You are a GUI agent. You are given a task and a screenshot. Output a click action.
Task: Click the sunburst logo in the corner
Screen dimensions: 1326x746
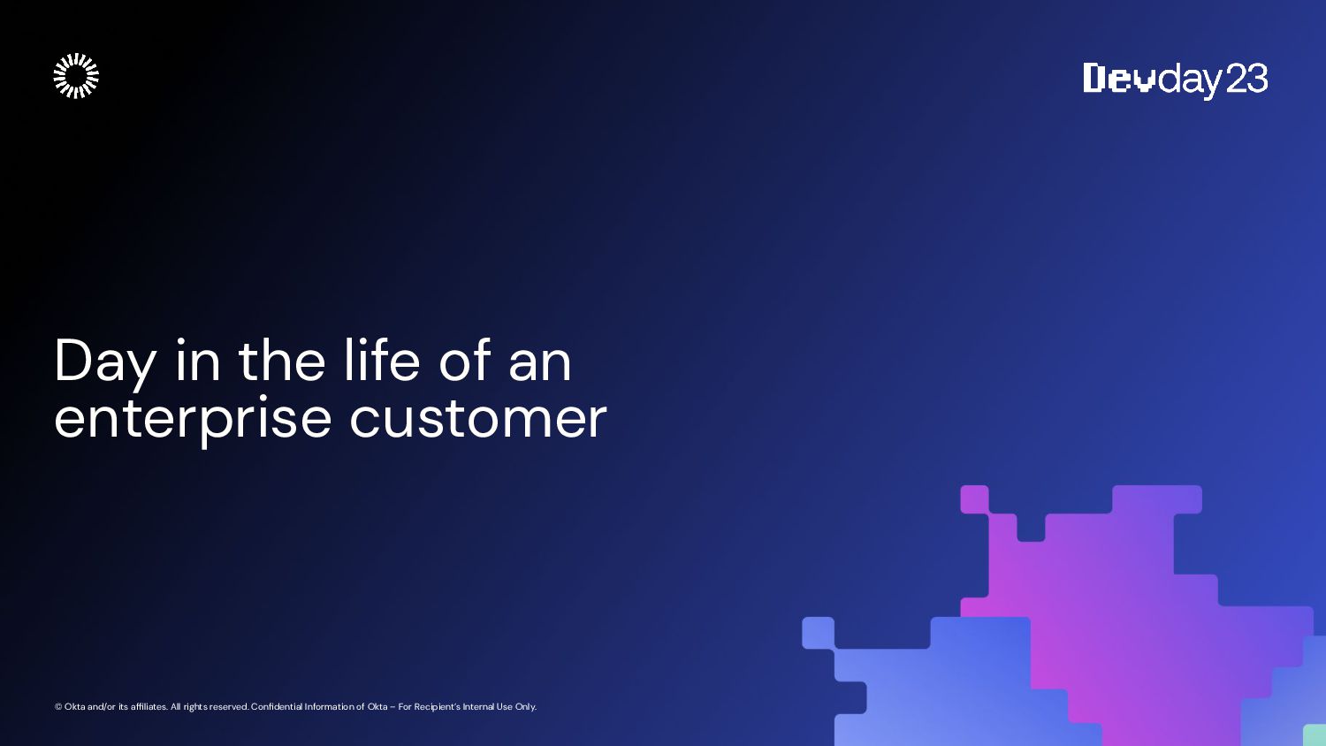tap(76, 76)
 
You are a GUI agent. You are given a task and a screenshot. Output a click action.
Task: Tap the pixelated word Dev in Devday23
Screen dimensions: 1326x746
tap(1119, 78)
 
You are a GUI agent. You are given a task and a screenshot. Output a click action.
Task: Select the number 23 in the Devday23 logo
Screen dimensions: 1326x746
tap(1246, 78)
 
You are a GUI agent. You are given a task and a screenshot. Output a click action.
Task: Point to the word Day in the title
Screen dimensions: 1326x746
tap(105, 363)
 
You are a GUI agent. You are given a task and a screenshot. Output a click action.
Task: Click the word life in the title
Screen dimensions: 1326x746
tap(382, 360)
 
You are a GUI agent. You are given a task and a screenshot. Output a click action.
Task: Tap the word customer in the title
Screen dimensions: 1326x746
tap(477, 420)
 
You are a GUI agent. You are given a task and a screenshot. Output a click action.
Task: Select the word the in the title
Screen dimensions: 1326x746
tap(282, 360)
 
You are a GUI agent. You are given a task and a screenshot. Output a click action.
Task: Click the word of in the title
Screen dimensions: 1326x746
tap(465, 360)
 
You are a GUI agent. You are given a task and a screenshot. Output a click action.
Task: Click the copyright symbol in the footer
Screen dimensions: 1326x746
tap(58, 707)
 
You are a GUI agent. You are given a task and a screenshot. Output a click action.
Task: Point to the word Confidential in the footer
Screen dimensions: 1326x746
tap(277, 707)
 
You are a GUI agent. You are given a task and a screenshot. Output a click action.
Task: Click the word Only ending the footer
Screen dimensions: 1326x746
tap(526, 707)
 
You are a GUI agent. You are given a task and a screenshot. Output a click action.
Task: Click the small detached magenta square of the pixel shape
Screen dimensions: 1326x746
tap(974, 499)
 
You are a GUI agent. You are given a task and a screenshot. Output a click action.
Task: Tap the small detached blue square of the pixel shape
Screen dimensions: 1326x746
tap(818, 633)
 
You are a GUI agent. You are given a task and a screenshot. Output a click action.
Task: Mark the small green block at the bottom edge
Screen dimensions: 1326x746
tap(1315, 735)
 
